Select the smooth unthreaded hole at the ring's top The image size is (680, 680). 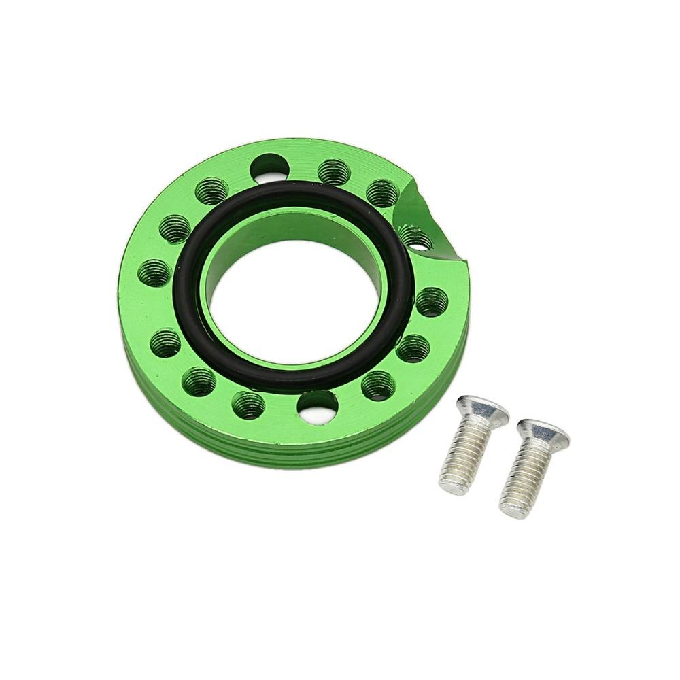click(269, 166)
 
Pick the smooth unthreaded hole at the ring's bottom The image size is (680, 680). click(318, 406)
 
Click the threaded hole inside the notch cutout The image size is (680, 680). click(415, 238)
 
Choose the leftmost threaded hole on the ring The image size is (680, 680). click(153, 273)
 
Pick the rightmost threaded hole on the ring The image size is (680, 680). click(432, 301)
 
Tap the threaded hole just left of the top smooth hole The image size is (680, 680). click(211, 191)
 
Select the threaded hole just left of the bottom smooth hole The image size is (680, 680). click(248, 405)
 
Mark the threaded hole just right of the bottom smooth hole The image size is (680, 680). click(378, 386)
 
